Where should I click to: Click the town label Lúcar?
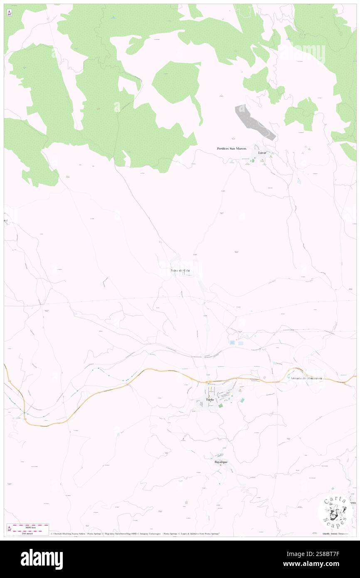[x=262, y=153]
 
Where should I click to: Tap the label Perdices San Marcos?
[x=232, y=148]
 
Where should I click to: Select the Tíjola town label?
[x=210, y=400]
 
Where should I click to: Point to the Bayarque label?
[x=221, y=462]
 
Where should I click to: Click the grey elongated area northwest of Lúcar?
[x=254, y=122]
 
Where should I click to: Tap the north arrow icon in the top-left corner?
[x=9, y=13]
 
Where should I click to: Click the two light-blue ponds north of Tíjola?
[x=236, y=343]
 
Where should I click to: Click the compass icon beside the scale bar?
[x=9, y=529]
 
